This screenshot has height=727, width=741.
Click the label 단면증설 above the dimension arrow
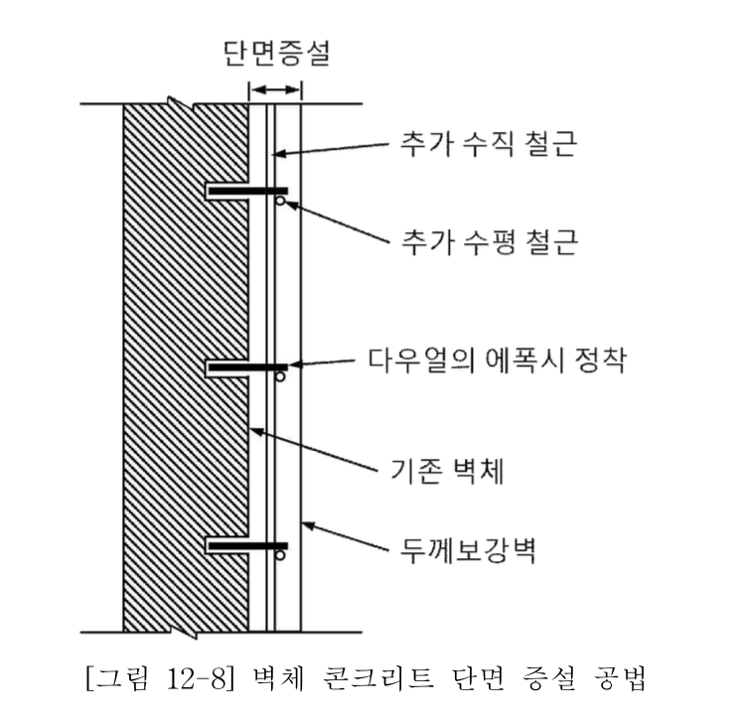276,53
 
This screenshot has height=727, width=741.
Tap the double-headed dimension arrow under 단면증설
275,89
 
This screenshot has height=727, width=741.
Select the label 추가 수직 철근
489,143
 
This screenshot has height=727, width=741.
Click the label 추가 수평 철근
490,242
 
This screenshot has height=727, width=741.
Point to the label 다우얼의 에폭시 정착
498,361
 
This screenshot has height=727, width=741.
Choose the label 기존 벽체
447,471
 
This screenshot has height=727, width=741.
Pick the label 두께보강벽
468,550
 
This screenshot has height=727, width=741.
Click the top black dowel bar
248,191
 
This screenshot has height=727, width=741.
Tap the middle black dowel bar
248,367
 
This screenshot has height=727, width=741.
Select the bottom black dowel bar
248,545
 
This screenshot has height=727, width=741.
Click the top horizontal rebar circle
280,201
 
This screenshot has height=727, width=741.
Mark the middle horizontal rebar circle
280,377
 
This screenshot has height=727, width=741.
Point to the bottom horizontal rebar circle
280,554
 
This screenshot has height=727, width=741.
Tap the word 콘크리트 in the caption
379,678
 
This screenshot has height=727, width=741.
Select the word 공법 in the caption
619,678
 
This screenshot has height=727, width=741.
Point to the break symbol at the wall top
182,104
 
